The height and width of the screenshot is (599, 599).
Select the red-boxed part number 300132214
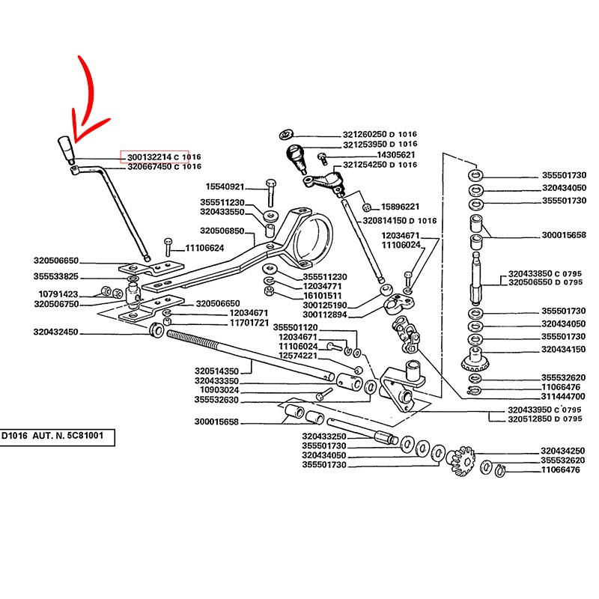(x=149, y=157)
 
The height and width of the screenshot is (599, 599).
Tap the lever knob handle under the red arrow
(x=66, y=149)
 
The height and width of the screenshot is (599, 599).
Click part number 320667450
(x=149, y=166)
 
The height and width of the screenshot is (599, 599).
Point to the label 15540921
(x=225, y=186)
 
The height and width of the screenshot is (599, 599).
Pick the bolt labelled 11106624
(x=168, y=247)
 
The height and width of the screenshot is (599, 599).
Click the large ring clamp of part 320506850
(x=312, y=237)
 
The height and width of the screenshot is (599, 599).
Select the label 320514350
(x=216, y=371)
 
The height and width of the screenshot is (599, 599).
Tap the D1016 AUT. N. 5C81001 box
(x=57, y=437)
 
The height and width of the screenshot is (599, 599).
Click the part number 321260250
(x=365, y=135)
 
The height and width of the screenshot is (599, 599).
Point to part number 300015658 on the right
(x=564, y=235)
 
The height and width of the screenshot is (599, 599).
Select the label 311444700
(x=563, y=397)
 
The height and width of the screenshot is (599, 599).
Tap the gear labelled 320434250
(x=462, y=460)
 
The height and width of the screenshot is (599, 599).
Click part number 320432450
(x=55, y=332)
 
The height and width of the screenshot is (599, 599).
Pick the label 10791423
(x=58, y=294)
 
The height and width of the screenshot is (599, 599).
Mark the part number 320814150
(x=385, y=221)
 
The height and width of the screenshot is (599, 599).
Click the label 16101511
(x=323, y=296)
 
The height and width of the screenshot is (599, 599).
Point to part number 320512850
(x=530, y=419)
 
